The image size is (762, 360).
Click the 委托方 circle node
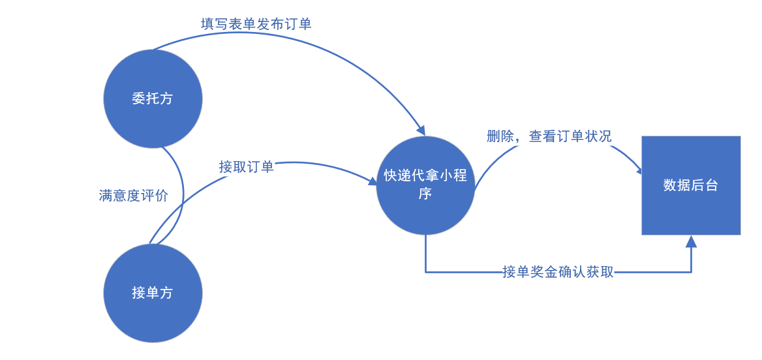pyautogui.click(x=153, y=98)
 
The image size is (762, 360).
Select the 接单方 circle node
pyautogui.click(x=153, y=293)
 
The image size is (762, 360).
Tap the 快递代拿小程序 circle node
pyautogui.click(x=425, y=185)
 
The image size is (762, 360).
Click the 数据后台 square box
pyautogui.click(x=691, y=185)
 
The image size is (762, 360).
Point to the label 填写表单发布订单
pyautogui.click(x=256, y=24)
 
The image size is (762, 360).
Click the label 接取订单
pyautogui.click(x=246, y=167)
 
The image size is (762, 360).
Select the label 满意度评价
pyautogui.click(x=133, y=196)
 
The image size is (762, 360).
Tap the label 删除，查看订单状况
pyautogui.click(x=549, y=136)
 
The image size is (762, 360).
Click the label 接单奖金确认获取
pyautogui.click(x=558, y=272)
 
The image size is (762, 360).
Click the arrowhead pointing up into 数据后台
pyautogui.click(x=691, y=241)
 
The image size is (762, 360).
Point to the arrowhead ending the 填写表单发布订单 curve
pyautogui.click(x=421, y=130)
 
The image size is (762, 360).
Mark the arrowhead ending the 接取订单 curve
pyautogui.click(x=373, y=180)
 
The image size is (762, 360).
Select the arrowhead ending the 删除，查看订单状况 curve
pyautogui.click(x=638, y=171)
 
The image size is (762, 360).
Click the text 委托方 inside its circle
pyautogui.click(x=153, y=98)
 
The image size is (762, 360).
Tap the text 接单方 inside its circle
pyautogui.click(x=153, y=293)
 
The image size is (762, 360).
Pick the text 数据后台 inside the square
pyautogui.click(x=691, y=185)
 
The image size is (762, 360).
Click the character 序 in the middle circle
pyautogui.click(x=425, y=194)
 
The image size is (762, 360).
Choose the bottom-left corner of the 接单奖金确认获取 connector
pyautogui.click(x=425, y=272)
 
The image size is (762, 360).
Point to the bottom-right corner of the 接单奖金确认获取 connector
pyautogui.click(x=691, y=272)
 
